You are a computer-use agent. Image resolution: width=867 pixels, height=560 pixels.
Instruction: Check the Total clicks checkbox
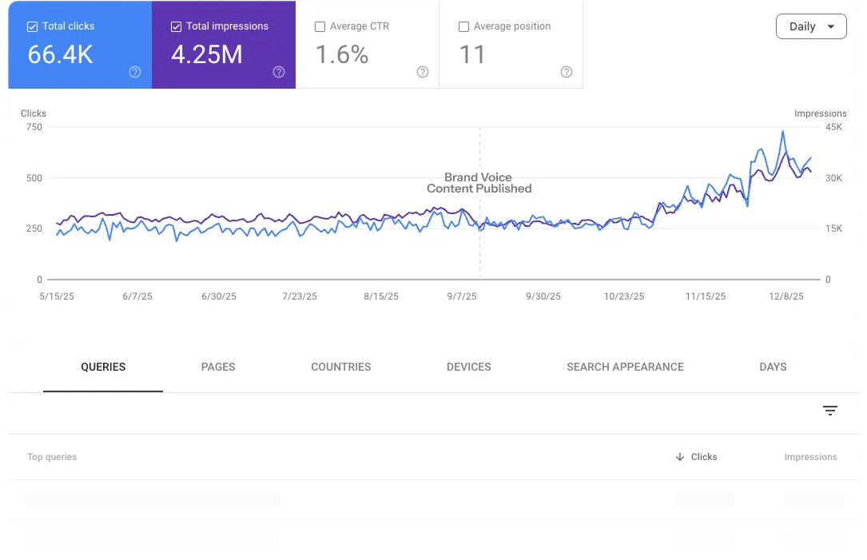(x=32, y=26)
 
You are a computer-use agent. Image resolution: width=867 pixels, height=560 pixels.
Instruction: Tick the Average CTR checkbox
(x=320, y=26)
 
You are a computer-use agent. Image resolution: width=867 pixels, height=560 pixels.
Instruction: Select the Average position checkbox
(x=463, y=26)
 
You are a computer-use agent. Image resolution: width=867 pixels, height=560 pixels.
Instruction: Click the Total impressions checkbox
(x=176, y=26)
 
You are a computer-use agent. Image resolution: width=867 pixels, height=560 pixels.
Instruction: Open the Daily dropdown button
(x=810, y=26)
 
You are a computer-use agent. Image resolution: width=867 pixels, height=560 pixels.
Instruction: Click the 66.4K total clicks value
(x=61, y=54)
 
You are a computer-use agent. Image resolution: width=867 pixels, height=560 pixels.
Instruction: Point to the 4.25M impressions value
(x=206, y=54)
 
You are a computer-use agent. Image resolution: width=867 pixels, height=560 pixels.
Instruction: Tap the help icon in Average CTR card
(x=423, y=72)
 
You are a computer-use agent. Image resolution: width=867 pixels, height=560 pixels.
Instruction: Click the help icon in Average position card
(x=567, y=72)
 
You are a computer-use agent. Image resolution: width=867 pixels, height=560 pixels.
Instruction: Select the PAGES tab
(x=218, y=367)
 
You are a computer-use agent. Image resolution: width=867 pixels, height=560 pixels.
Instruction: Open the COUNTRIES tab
(x=341, y=367)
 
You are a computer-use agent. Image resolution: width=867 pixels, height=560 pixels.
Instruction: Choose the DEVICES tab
(x=469, y=367)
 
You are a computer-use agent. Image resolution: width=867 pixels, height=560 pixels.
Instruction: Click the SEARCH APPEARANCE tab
(x=625, y=367)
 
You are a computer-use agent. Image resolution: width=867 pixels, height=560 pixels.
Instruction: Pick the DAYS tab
(x=773, y=367)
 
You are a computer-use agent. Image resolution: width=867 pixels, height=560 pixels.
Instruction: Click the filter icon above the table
(x=830, y=411)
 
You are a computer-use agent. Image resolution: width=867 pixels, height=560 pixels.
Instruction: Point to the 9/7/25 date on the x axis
(x=462, y=296)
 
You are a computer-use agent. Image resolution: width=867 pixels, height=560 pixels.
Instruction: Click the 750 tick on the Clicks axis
(x=34, y=127)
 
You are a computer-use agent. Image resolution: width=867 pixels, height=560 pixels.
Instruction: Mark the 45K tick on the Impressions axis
(x=833, y=127)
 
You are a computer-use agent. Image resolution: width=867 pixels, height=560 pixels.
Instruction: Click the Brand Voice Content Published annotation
(x=479, y=183)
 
